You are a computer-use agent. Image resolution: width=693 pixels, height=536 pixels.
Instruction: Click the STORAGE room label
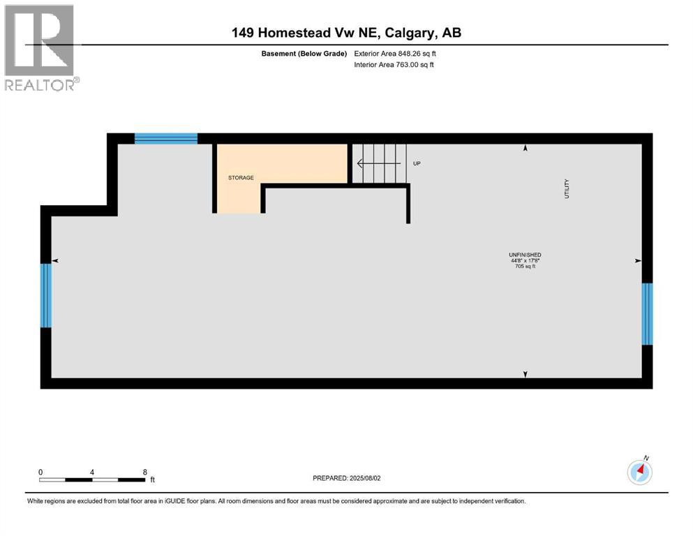tap(241, 178)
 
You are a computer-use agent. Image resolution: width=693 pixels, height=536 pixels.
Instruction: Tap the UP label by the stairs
tap(417, 164)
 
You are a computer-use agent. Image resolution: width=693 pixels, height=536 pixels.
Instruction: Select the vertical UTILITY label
tap(567, 189)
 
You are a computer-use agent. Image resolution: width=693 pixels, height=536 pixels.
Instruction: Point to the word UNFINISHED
tap(525, 254)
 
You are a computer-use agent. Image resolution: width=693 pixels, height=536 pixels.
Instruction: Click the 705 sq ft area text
tap(525, 266)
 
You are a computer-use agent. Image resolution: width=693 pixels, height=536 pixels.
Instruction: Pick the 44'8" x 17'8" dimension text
tap(525, 260)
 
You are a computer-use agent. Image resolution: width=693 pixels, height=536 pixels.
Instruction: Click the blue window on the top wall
tap(166, 138)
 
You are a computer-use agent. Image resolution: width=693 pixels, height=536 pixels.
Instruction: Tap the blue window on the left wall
tap(46, 295)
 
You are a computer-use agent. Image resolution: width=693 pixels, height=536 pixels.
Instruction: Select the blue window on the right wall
tap(647, 314)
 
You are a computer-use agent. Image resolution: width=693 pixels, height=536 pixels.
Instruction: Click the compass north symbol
tap(640, 472)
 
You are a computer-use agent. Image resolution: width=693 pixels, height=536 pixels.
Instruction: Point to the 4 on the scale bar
tap(92, 471)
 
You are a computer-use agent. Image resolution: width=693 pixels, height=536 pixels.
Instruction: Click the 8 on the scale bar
tap(144, 471)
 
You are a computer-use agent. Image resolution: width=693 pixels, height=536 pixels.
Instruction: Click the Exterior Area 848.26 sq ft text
tap(398, 53)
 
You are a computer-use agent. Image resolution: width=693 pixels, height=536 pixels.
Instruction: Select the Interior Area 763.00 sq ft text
tap(394, 65)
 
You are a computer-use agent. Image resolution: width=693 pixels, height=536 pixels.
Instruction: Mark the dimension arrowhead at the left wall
tap(55, 260)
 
